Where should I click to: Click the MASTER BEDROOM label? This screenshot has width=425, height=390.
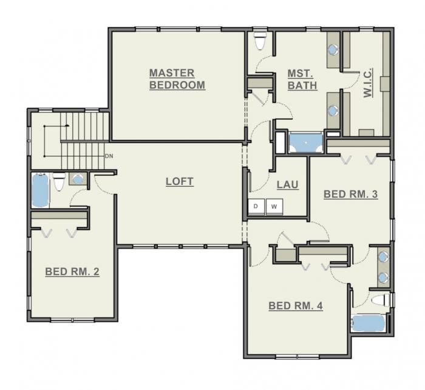[177, 79]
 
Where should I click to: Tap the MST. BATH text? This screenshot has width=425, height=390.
[302, 80]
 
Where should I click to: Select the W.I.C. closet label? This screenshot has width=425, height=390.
[368, 83]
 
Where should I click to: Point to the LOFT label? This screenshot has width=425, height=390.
[180, 181]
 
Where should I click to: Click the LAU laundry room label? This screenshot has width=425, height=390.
[288, 184]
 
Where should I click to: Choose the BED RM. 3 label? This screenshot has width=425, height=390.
[350, 194]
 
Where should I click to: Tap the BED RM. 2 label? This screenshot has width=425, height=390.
[72, 272]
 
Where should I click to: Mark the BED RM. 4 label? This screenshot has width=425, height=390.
[295, 305]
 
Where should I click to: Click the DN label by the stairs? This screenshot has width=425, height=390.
[109, 156]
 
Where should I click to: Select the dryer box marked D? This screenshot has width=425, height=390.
[256, 207]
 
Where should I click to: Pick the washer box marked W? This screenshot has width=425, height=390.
[274, 207]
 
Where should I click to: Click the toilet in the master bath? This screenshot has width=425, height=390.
[260, 40]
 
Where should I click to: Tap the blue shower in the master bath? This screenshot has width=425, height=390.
[306, 144]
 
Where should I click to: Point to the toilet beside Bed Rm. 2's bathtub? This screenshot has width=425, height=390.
[59, 181]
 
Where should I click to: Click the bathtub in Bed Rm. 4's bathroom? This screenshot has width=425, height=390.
[369, 323]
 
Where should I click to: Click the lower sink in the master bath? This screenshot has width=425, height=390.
[333, 111]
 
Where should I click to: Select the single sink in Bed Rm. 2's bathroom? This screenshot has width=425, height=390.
[77, 179]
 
